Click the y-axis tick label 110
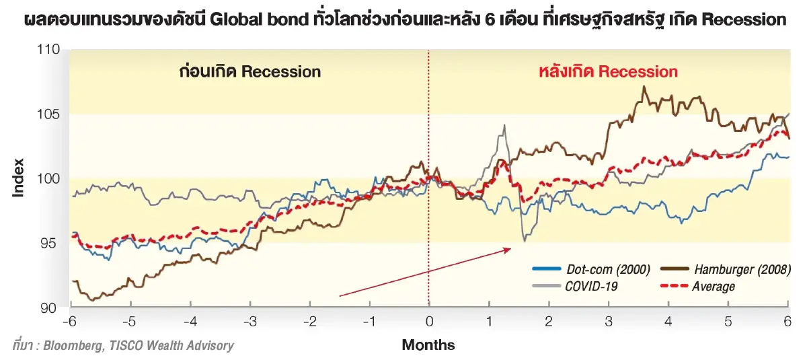[x=50, y=50]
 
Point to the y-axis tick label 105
[x=50, y=114]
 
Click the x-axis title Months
[x=428, y=345]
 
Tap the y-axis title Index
[x=18, y=178]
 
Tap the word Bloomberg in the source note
[x=72, y=346]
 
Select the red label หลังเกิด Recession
[x=608, y=71]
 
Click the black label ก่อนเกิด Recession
[x=250, y=71]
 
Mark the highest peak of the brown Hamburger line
[x=644, y=87]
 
